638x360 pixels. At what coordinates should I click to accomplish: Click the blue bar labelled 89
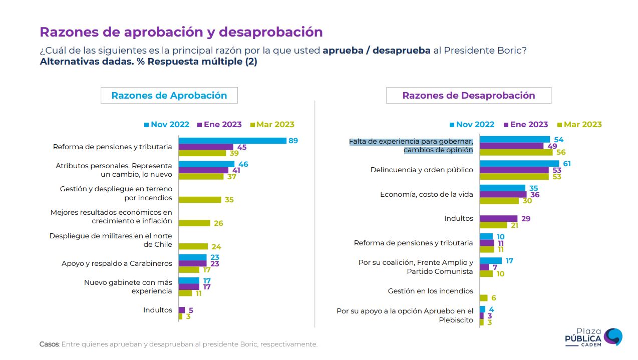pyautogui.click(x=232, y=141)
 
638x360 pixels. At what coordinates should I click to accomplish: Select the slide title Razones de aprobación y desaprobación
pyautogui.click(x=181, y=32)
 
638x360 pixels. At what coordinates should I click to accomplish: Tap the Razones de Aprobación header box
pyautogui.click(x=169, y=96)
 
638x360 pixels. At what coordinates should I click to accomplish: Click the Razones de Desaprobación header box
pyautogui.click(x=468, y=96)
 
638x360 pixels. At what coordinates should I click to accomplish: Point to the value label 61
pyautogui.click(x=566, y=164)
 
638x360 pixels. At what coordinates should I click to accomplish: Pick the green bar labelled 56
pyautogui.click(x=516, y=152)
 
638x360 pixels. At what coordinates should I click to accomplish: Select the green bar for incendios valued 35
pyautogui.click(x=200, y=200)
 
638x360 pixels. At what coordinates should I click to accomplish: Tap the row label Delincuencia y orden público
pyautogui.click(x=422, y=170)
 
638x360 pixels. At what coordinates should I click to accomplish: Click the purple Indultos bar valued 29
pyautogui.click(x=498, y=219)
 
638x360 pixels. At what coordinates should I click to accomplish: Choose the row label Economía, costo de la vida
pyautogui.click(x=426, y=195)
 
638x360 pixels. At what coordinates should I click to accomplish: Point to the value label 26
pyautogui.click(x=218, y=223)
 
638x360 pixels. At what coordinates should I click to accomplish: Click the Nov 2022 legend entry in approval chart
pyautogui.click(x=167, y=125)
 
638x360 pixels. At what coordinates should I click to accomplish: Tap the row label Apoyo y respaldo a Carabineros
pyautogui.click(x=117, y=263)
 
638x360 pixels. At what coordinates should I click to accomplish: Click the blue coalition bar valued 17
pyautogui.click(x=491, y=261)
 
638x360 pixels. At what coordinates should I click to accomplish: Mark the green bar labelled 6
pyautogui.click(x=483, y=298)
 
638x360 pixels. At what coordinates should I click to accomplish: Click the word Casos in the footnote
pyautogui.click(x=49, y=344)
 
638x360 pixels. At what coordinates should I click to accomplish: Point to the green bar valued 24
pyautogui.click(x=193, y=246)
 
